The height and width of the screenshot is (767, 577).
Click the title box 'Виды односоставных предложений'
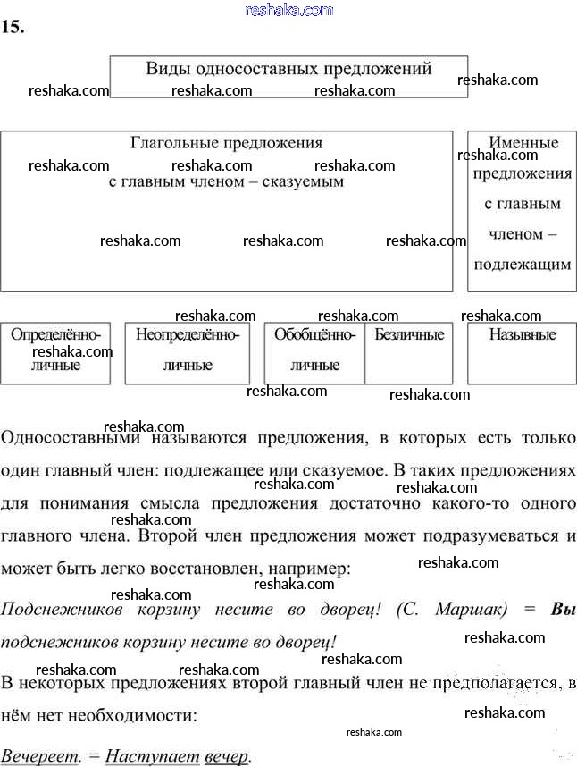(288, 76)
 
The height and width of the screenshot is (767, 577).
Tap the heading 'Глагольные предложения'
(226, 143)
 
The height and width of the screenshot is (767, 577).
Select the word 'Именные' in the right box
(523, 143)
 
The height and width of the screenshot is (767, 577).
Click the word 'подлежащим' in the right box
(523, 265)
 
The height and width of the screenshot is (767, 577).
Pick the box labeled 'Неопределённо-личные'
(188, 353)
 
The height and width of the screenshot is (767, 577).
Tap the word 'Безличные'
(409, 335)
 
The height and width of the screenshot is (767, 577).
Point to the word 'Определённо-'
(55, 335)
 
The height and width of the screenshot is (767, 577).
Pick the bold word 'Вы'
(564, 610)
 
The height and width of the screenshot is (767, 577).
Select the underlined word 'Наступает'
(153, 756)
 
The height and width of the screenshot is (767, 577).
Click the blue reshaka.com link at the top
(288, 10)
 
